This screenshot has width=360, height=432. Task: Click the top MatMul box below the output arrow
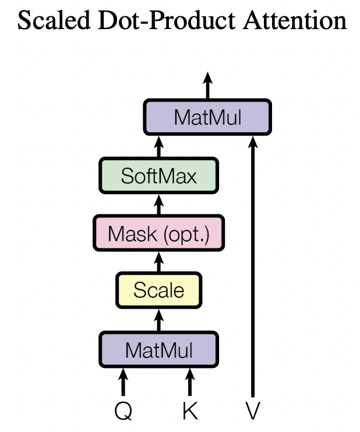(x=207, y=117)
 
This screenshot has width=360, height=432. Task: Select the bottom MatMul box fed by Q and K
(x=158, y=350)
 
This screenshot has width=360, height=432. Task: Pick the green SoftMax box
(x=158, y=175)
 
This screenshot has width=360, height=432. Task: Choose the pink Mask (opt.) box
(x=158, y=233)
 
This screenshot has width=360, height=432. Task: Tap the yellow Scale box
(x=158, y=290)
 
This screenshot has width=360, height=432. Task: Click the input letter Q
(x=123, y=411)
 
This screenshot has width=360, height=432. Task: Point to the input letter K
(x=190, y=411)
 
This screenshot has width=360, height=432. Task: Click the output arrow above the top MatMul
(x=207, y=86)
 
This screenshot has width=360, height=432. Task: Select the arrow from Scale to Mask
(x=158, y=261)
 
